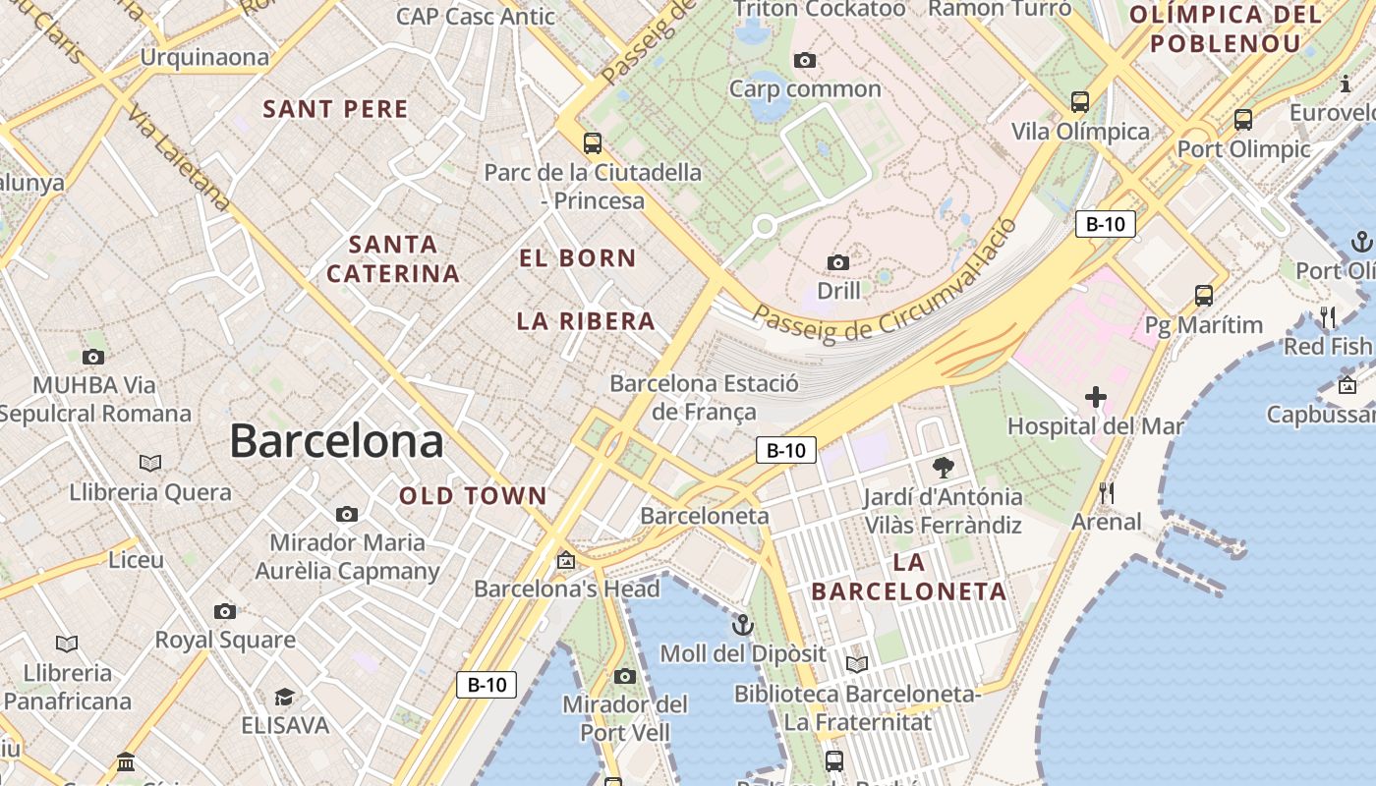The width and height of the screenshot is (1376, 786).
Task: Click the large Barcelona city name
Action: click(336, 442)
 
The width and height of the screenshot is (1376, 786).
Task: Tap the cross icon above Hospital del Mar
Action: click(1096, 398)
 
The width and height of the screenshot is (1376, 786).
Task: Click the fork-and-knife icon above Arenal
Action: click(1107, 493)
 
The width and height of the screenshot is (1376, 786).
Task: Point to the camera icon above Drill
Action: click(837, 262)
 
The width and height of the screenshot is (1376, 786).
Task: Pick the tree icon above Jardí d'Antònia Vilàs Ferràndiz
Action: click(943, 468)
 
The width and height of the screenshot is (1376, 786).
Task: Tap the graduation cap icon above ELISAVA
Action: click(284, 697)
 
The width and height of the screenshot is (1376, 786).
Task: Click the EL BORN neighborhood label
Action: click(578, 258)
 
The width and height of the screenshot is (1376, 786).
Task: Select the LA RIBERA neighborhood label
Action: click(586, 321)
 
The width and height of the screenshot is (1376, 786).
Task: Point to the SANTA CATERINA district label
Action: click(393, 259)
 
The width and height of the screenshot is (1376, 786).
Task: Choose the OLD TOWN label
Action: click(473, 496)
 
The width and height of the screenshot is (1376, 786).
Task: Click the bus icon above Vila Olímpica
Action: click(1080, 101)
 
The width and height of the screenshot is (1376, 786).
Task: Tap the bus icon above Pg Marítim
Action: click(1203, 295)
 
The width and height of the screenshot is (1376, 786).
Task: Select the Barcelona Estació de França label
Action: click(704, 397)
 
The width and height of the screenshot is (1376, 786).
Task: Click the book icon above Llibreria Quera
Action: click(150, 463)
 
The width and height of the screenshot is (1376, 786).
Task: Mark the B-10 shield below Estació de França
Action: click(786, 451)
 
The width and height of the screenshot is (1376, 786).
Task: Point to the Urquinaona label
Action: click(204, 57)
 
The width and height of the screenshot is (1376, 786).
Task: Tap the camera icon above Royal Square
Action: click(225, 611)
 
